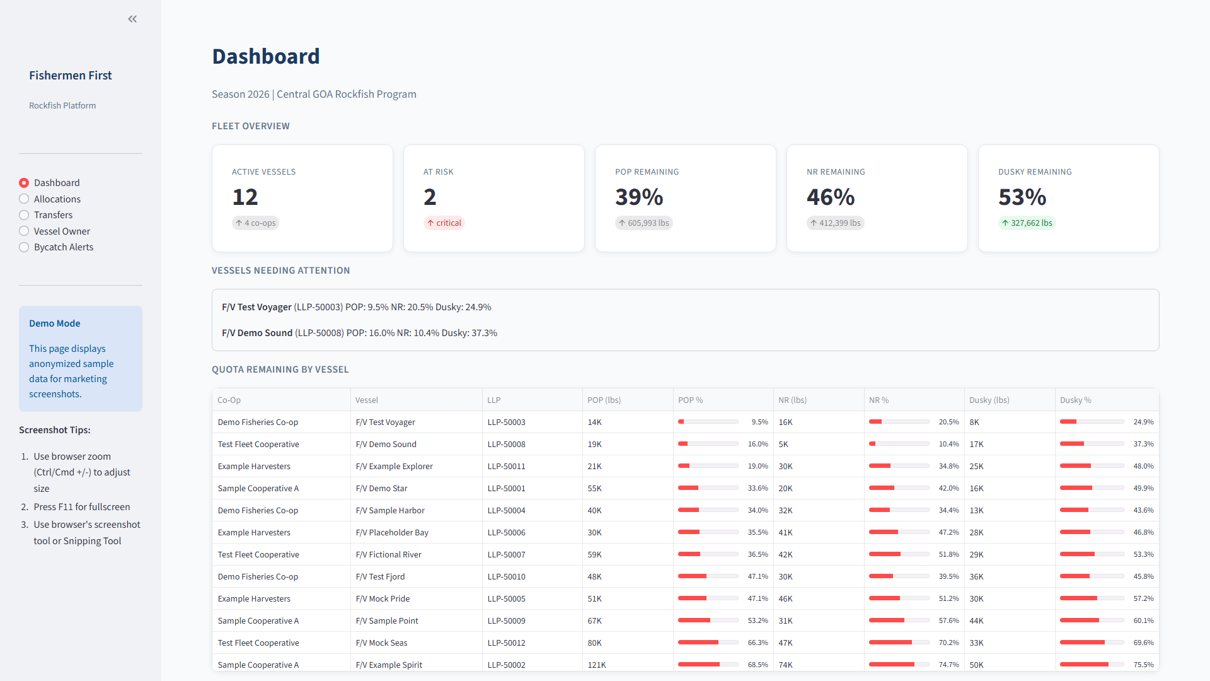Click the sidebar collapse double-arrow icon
(132, 19)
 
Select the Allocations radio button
(24, 199)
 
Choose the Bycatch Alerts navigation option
(24, 247)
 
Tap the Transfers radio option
(24, 215)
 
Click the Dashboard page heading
(265, 56)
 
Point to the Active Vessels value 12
(245, 197)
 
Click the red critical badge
(444, 223)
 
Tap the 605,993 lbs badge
(643, 223)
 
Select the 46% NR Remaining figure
(831, 197)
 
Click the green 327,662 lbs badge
(1027, 223)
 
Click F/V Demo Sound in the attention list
(257, 333)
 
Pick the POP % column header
(690, 400)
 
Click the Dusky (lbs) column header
(989, 400)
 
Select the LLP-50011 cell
(506, 467)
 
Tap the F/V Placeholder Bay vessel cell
(392, 533)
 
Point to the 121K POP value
(596, 665)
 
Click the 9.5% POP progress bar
(708, 422)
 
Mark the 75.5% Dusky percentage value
(1143, 665)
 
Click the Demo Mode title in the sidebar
(55, 323)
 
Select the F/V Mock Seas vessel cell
(381, 643)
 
